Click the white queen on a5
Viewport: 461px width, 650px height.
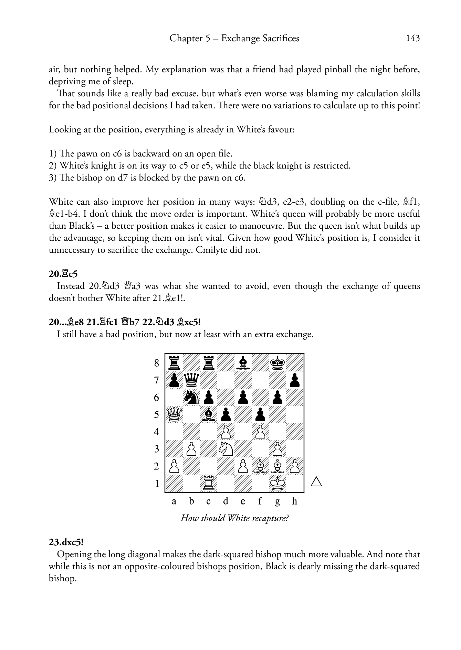[174, 414]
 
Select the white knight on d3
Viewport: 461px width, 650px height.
[226, 449]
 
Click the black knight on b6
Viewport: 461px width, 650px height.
[191, 397]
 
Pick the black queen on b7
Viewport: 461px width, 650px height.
[191, 380]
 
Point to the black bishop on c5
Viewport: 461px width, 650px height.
[208, 414]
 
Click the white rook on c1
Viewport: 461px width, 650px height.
[208, 483]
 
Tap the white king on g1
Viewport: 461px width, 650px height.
[277, 483]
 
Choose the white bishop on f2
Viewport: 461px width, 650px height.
[260, 466]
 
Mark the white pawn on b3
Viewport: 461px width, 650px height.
[191, 449]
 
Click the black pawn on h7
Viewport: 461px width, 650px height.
[295, 380]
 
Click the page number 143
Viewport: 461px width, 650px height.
[413, 38]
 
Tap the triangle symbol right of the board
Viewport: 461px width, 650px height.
[316, 482]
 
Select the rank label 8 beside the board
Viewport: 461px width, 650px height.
[157, 363]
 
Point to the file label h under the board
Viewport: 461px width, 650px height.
[294, 501]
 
